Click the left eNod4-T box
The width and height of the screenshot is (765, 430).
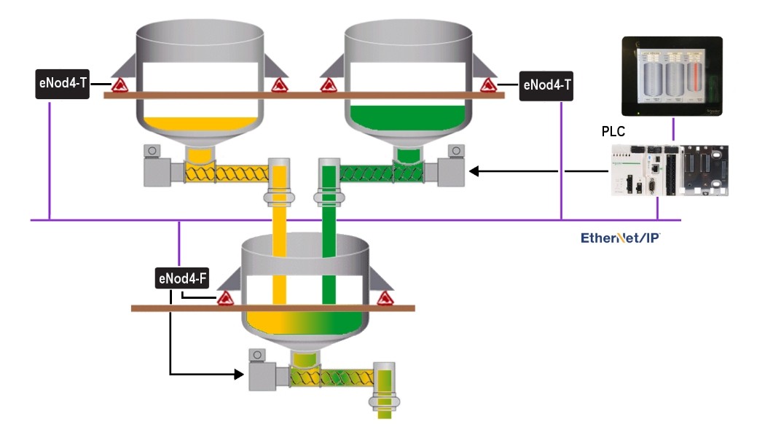tap(63, 84)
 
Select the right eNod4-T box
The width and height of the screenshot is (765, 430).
tap(547, 86)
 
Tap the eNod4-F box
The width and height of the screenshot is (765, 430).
tap(183, 278)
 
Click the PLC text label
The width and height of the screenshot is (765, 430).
tap(613, 132)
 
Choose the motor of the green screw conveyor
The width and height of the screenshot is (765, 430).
tap(451, 170)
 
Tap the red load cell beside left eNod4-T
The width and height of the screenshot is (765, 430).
tap(118, 86)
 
